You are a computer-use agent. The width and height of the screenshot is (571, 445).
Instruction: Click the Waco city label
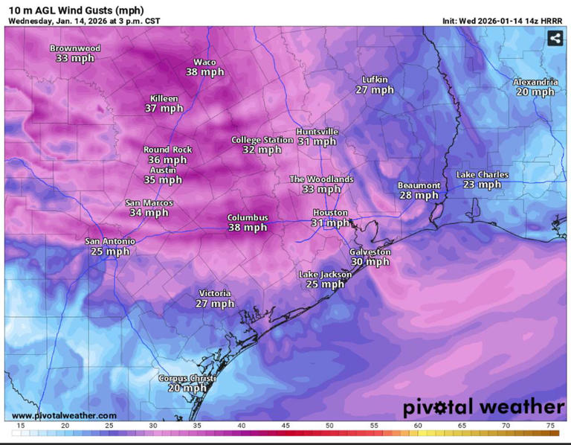[204, 62]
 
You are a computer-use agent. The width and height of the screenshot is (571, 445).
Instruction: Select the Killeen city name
[164, 98]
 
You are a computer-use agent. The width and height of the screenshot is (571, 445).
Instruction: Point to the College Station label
[262, 139]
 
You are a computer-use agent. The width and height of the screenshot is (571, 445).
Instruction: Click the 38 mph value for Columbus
[248, 228]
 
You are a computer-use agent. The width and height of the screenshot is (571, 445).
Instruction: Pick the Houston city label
[329, 213]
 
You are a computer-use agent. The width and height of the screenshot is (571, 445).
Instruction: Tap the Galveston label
[370, 252]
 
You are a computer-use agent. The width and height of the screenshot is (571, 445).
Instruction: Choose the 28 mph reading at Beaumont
[419, 196]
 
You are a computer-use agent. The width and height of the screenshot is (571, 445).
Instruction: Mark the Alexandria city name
[535, 82]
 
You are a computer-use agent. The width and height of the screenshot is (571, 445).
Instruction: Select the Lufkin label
[374, 80]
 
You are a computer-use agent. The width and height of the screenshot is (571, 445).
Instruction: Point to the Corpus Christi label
[187, 378]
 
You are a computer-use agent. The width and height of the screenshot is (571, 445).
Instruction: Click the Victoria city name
[215, 293]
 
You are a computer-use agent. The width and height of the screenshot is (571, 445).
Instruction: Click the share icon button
[555, 38]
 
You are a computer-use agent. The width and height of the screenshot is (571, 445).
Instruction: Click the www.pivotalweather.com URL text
[64, 415]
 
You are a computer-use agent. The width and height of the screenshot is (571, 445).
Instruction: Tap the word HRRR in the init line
[549, 21]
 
